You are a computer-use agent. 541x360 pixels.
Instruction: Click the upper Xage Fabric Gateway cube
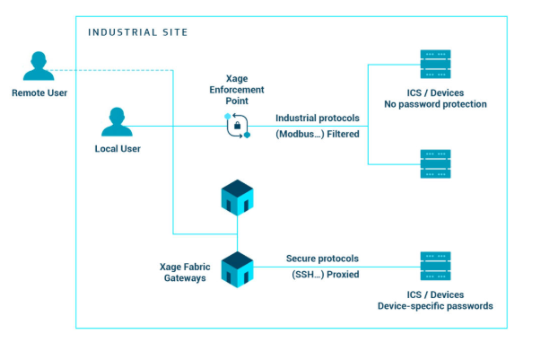tap(237, 198)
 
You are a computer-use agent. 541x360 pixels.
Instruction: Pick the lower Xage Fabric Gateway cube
tap(237, 268)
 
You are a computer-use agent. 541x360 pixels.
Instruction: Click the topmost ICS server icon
tap(436, 65)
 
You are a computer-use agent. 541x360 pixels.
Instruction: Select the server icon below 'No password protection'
tap(436, 163)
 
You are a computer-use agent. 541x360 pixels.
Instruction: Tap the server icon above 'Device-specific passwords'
tap(436, 267)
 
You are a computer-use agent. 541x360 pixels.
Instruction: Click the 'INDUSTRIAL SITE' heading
tap(138, 32)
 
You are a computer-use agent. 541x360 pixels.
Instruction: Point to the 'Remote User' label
tap(39, 92)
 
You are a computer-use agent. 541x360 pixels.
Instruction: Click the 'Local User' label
tap(118, 148)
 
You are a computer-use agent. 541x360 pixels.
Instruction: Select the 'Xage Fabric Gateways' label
tap(184, 273)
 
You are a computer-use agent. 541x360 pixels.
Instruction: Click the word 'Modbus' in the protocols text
tap(297, 135)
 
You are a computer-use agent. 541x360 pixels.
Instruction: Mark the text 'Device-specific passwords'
tap(435, 306)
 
